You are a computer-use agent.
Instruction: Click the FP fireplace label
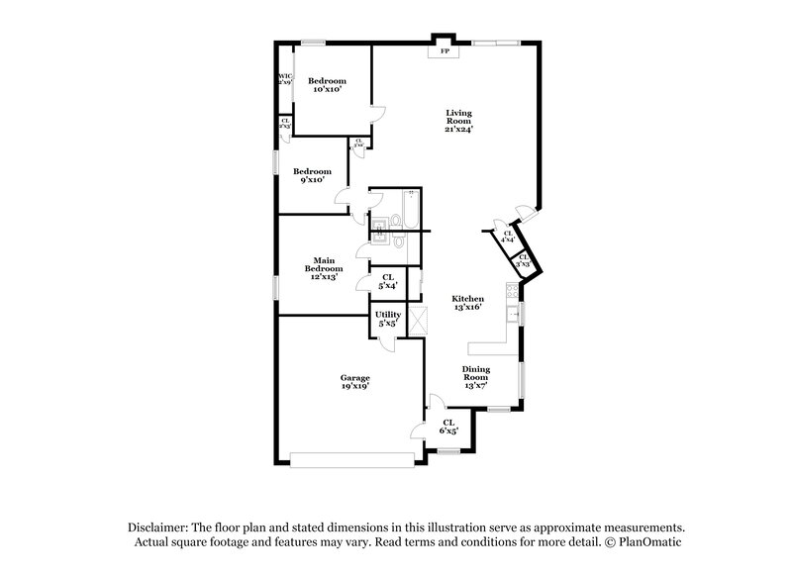pyautogui.click(x=445, y=49)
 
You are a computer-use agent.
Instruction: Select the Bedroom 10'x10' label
pyautogui.click(x=327, y=84)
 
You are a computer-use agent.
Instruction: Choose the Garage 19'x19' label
pyautogui.click(x=354, y=383)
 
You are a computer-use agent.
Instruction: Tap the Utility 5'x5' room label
pyautogui.click(x=387, y=319)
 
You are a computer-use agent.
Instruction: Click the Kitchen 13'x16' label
pyautogui.click(x=467, y=303)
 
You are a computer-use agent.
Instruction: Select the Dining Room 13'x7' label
pyautogui.click(x=476, y=377)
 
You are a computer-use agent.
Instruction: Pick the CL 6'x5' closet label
pyautogui.click(x=448, y=427)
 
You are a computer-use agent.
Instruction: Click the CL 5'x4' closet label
pyautogui.click(x=387, y=282)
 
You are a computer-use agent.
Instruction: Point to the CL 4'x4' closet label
pyautogui.click(x=507, y=237)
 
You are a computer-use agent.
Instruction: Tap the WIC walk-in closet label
pyautogui.click(x=285, y=79)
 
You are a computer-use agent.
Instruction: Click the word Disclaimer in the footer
pyautogui.click(x=160, y=528)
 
